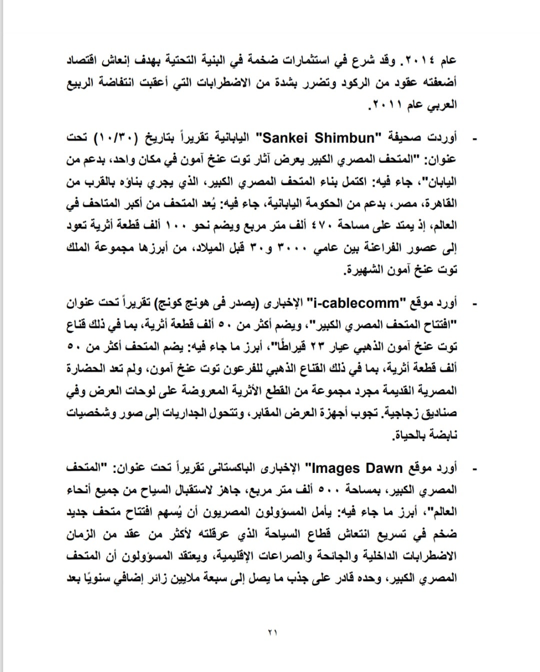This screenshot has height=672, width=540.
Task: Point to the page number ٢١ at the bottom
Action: [x=271, y=632]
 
